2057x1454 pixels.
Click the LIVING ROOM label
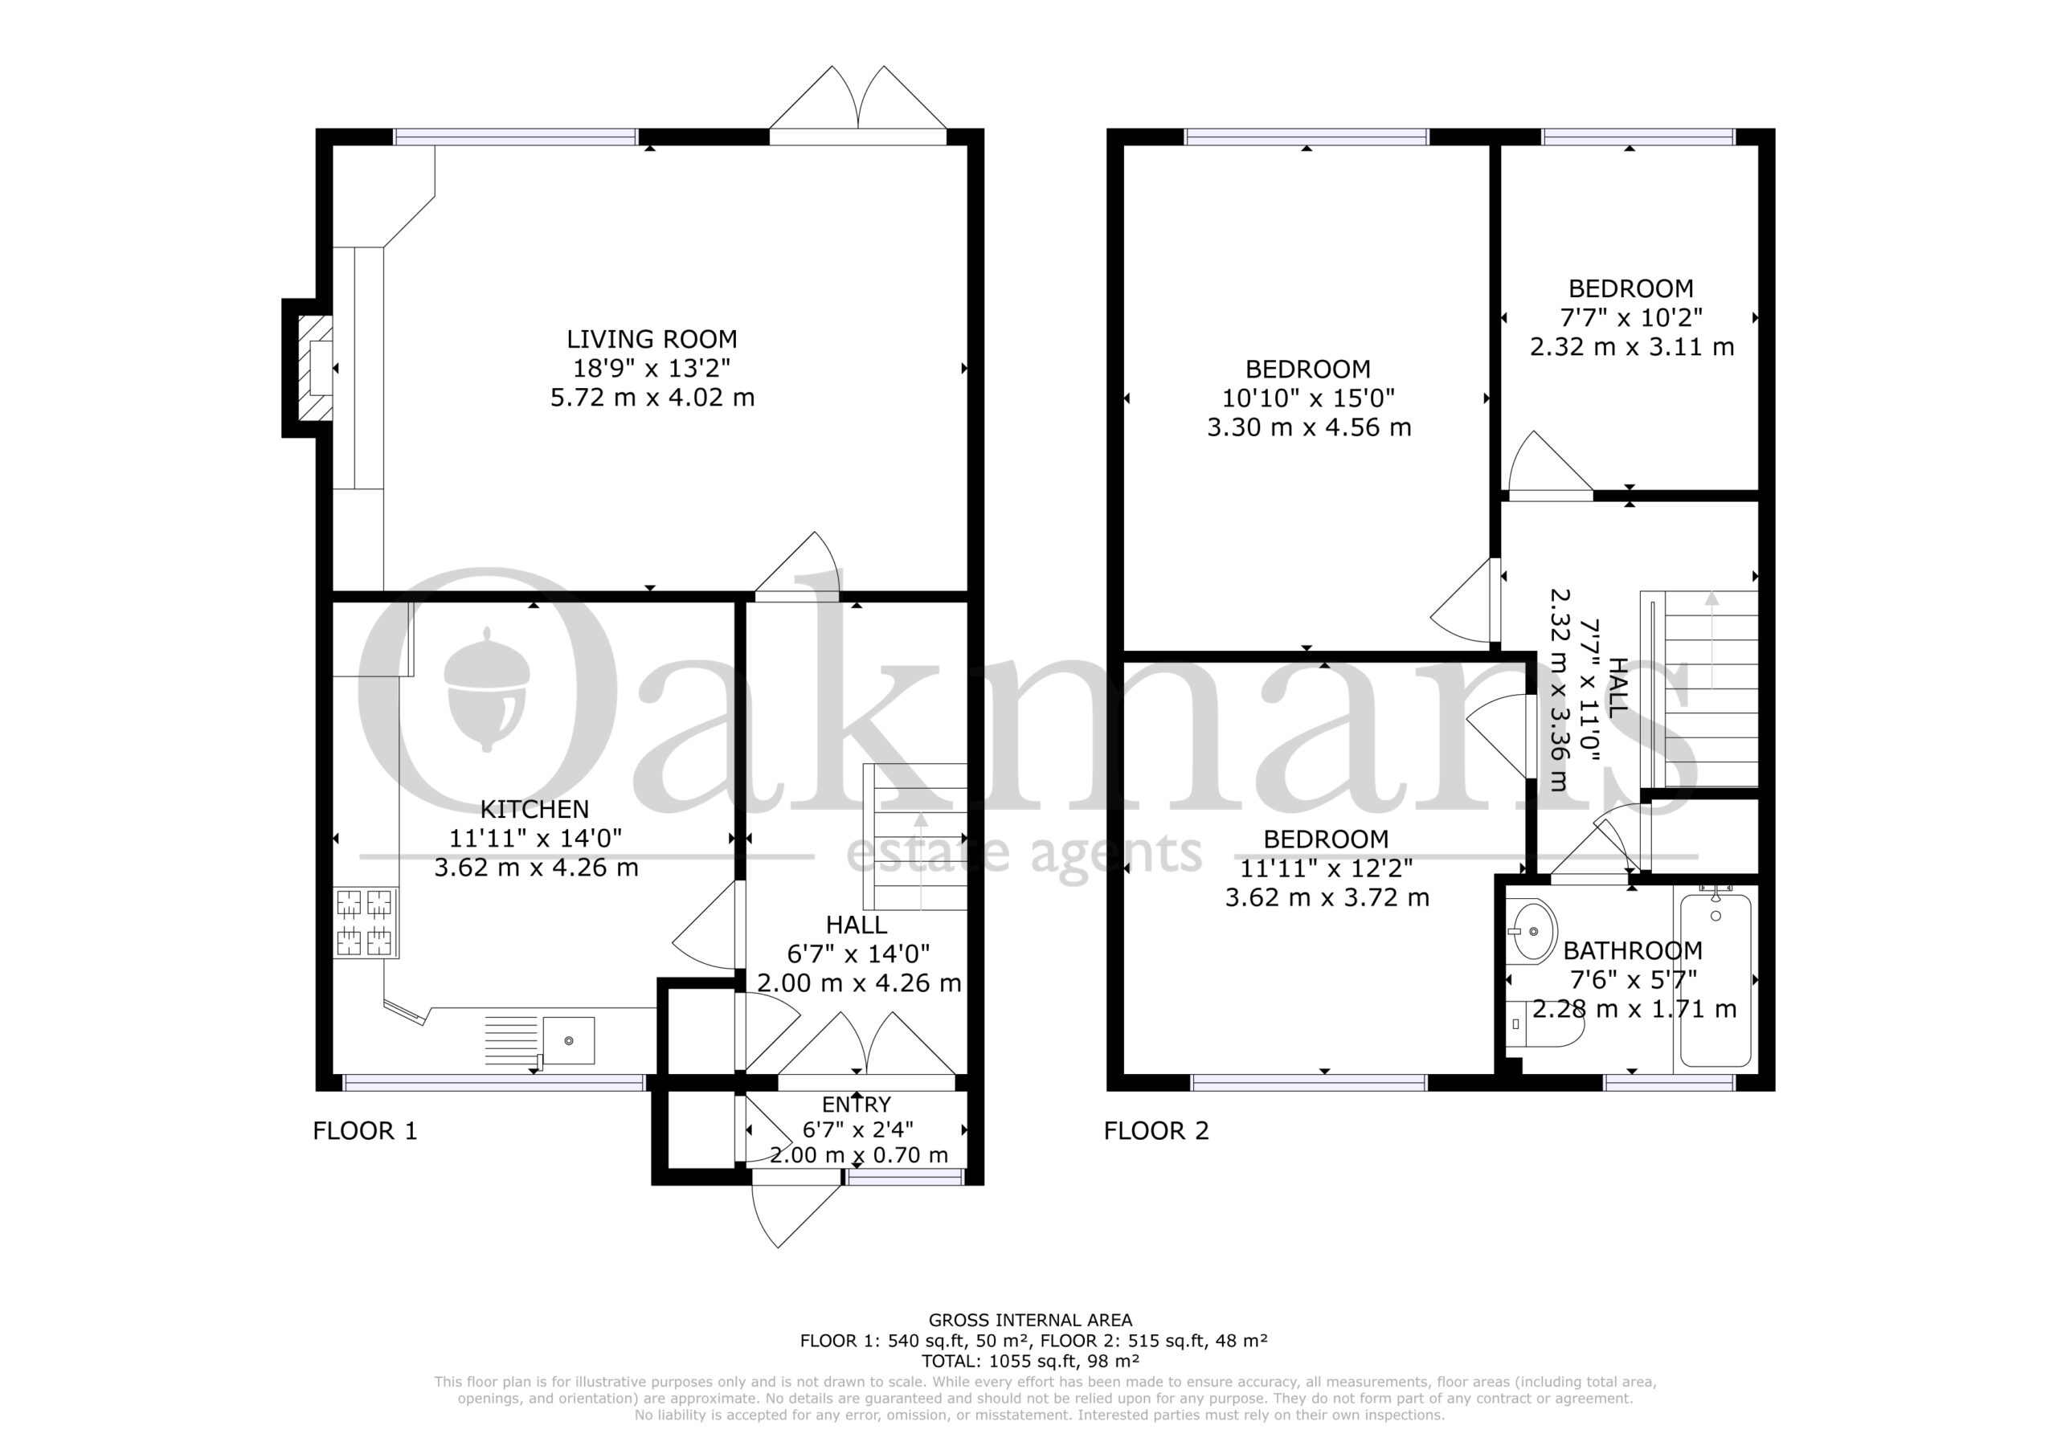(652, 340)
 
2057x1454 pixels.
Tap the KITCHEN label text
(535, 810)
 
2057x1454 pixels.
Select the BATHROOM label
(1632, 950)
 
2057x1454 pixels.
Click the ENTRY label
(857, 1105)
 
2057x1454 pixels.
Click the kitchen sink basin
(568, 1041)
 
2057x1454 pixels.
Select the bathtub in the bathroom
(1716, 981)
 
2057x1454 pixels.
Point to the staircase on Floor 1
(914, 838)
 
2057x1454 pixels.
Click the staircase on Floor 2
(1699, 690)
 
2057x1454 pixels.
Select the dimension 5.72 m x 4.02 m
(652, 398)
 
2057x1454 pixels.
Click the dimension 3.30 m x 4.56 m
(1309, 428)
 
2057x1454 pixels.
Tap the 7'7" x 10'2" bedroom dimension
(1630, 318)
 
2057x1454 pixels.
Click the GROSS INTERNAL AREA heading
(1030, 1320)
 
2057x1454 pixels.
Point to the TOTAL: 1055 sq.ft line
(1030, 1362)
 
